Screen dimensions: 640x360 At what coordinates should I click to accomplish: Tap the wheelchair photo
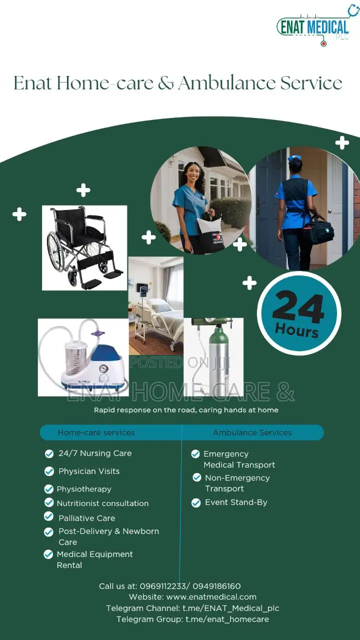coord(84,247)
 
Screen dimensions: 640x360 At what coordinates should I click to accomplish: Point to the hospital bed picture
coord(156,305)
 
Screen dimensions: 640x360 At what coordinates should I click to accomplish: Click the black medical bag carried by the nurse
coord(318,230)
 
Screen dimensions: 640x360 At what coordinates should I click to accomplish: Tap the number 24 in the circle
coord(298,306)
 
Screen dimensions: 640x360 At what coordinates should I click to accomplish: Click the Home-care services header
coord(96,432)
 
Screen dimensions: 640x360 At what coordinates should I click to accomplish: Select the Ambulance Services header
coord(252,432)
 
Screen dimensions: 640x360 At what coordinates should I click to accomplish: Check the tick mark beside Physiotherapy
coord(49,489)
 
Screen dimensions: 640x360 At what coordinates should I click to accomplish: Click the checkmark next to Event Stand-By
coord(196,502)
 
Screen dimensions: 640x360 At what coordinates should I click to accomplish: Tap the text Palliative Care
coord(86,518)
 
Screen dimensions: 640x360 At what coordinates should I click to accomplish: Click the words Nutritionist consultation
coord(102,503)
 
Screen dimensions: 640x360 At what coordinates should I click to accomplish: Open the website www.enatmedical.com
coord(211,597)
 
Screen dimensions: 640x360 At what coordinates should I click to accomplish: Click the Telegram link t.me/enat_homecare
coord(227,619)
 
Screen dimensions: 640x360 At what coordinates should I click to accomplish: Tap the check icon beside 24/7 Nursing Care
coord(49,453)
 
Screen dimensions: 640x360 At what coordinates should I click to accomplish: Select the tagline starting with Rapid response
coord(186,410)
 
